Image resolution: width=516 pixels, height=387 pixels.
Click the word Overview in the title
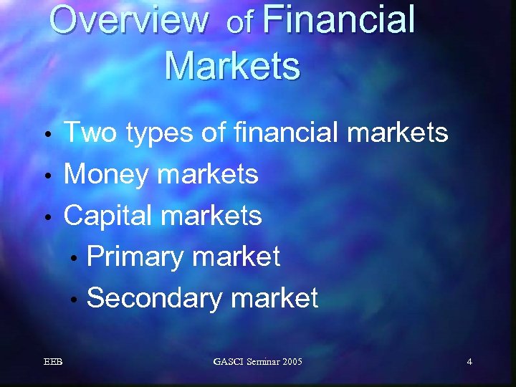coord(128,20)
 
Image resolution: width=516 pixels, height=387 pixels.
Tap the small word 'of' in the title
coord(239,24)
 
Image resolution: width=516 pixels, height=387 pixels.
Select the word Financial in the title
coord(338,20)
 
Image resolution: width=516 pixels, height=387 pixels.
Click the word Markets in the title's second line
coord(232,66)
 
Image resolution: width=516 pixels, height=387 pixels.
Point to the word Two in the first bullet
coord(90,133)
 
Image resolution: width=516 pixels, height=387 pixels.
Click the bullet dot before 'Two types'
coord(47,135)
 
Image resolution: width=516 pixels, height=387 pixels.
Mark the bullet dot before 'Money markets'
coord(47,176)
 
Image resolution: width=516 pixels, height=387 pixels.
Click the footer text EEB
coord(52,362)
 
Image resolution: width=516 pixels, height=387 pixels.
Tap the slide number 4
coord(469,362)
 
